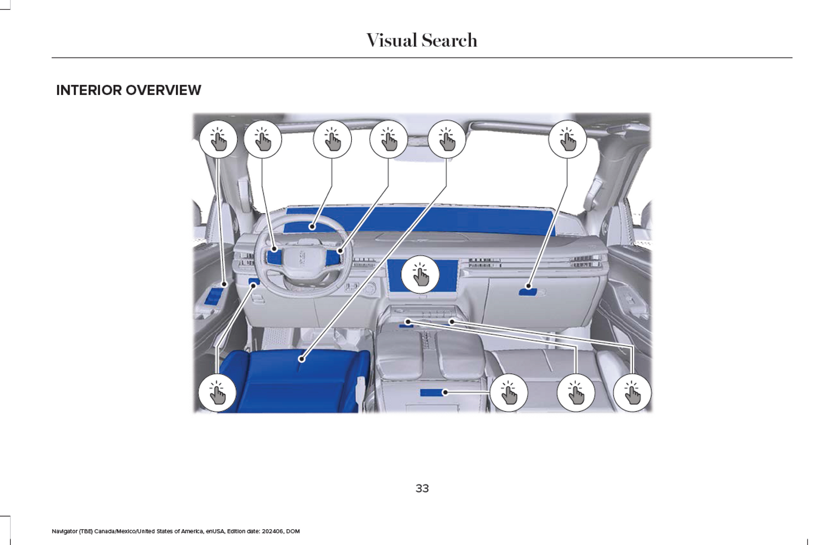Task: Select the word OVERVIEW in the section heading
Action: pyautogui.click(x=163, y=90)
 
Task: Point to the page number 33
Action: pyautogui.click(x=422, y=488)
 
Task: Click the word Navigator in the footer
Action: pyautogui.click(x=64, y=531)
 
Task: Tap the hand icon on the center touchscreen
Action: pyautogui.click(x=420, y=275)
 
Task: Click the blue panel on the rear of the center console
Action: pyautogui.click(x=433, y=392)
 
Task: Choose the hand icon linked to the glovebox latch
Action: pyautogui.click(x=567, y=139)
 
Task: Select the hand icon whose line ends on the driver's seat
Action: pyautogui.click(x=447, y=139)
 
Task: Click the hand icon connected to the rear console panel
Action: pyautogui.click(x=508, y=392)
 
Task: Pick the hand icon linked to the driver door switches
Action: pyautogui.click(x=218, y=139)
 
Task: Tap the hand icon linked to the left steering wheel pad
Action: pyautogui.click(x=262, y=139)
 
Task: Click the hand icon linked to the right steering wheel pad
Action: pyautogui.click(x=388, y=139)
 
